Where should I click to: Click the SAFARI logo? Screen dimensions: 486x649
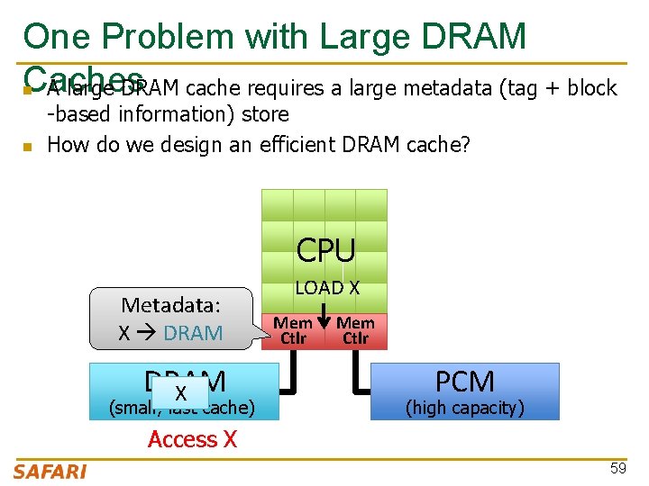click(50, 471)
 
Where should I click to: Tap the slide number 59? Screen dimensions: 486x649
click(618, 469)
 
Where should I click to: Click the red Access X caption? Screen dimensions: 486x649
click(192, 439)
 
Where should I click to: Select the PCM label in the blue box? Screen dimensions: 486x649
click(465, 382)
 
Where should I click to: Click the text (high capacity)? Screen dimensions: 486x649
click(465, 408)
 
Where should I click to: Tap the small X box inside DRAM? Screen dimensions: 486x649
click(180, 393)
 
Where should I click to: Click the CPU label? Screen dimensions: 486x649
click(325, 250)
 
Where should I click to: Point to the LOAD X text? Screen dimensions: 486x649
click(327, 288)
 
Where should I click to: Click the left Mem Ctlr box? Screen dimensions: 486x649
click(293, 330)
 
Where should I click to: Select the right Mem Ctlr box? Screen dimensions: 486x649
click(356, 330)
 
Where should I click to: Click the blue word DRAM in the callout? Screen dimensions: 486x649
click(193, 333)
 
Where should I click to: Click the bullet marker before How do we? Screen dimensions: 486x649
click(28, 146)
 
